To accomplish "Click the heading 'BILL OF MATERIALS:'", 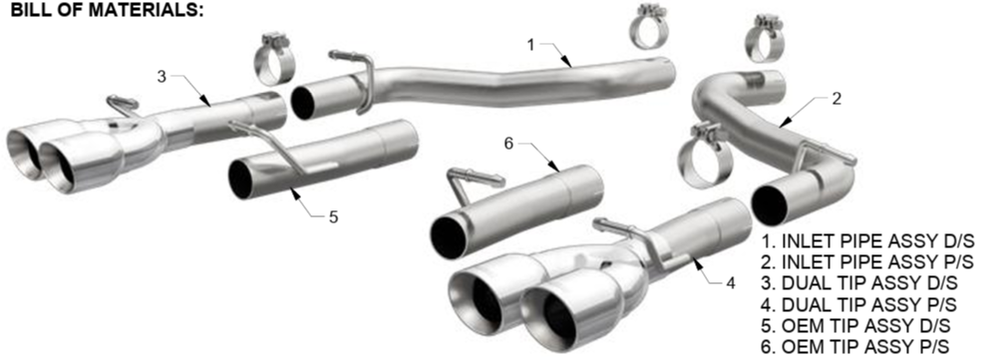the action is click(107, 10).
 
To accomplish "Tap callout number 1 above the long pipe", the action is click(531, 44).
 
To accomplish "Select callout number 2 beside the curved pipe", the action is click(836, 99).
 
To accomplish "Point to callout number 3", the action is click(162, 77).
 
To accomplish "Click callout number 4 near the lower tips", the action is click(731, 283).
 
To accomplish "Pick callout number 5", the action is click(333, 216).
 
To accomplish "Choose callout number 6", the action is click(508, 144).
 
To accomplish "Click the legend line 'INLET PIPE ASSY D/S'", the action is click(867, 241).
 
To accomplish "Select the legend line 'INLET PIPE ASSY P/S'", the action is click(867, 261).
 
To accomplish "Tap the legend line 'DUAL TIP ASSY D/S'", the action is click(859, 283).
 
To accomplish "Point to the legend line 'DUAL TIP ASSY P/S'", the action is click(859, 304).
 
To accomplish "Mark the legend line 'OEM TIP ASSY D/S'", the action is click(855, 326).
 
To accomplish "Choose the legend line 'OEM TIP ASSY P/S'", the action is click(855, 347).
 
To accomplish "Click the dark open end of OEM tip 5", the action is click(241, 180).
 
